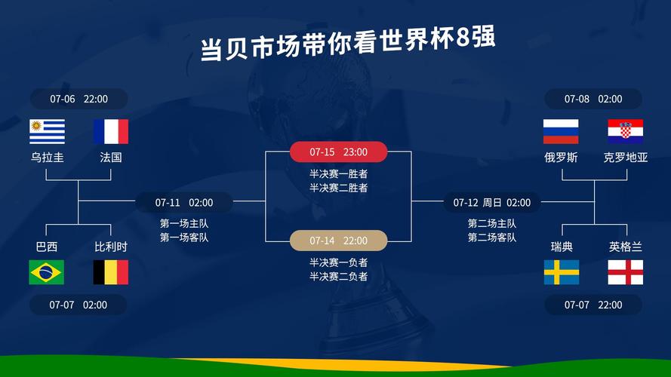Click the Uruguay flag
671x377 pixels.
[47, 131]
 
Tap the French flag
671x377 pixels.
[111, 131]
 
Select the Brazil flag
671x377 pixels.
[47, 272]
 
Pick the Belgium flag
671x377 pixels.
[111, 272]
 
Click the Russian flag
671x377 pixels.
[561, 131]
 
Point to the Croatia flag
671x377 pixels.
[625, 131]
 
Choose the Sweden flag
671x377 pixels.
[562, 272]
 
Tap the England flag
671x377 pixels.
[625, 272]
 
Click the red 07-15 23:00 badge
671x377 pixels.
[338, 152]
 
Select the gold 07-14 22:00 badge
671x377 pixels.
[338, 241]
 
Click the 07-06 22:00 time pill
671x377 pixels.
[78, 99]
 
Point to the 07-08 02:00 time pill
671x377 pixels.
[593, 99]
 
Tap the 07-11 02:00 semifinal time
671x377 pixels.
[184, 202]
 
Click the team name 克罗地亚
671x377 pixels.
[626, 158]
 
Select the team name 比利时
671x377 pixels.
[111, 247]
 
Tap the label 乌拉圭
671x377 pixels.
[47, 158]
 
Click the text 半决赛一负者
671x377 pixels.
[338, 262]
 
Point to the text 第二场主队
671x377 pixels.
[491, 223]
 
